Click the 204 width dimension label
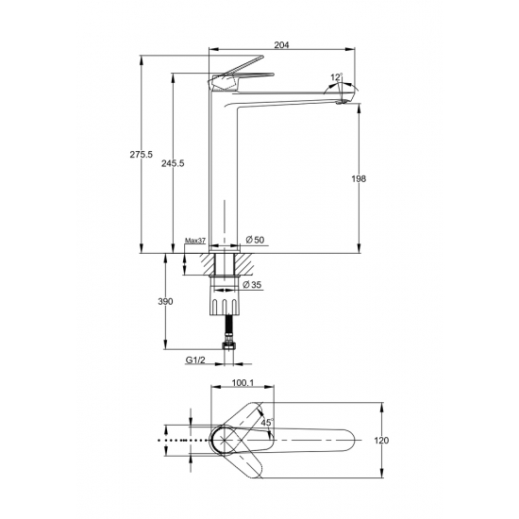click(281, 44)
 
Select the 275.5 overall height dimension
click(141, 154)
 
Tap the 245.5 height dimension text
click(173, 163)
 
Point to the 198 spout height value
click(359, 179)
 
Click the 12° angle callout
click(337, 77)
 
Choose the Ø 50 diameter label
click(255, 240)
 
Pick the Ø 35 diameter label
click(252, 284)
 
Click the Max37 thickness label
click(195, 241)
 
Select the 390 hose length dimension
click(165, 302)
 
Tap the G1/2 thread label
click(195, 360)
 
